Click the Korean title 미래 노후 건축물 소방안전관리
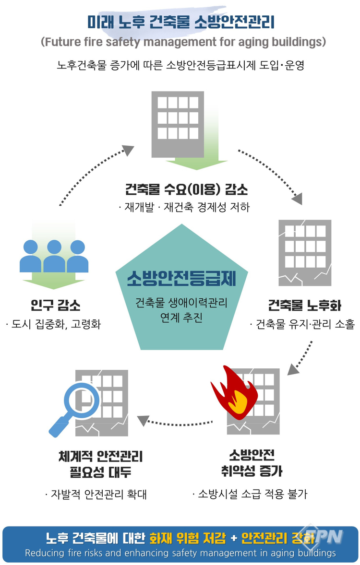[181, 22]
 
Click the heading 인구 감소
[54, 306]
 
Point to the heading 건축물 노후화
[305, 305]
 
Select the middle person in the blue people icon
[54, 254]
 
